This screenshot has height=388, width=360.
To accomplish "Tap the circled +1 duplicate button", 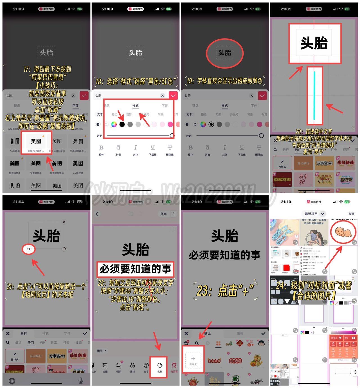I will pos(28,249).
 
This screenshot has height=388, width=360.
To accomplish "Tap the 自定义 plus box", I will pos(193,360).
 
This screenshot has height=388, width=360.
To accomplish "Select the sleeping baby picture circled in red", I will pos(343,232).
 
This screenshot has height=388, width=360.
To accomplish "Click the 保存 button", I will pos(164,214).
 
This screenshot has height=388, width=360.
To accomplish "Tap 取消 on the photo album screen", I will pos(351,214).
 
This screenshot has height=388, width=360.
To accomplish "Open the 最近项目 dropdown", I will pos(314,214).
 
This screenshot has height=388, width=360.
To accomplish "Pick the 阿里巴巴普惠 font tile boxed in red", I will pos(36,143).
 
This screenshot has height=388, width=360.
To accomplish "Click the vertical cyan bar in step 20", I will pos(314,95).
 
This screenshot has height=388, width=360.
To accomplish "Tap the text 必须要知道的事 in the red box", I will pos(135,269).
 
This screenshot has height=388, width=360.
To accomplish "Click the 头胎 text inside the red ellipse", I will pos(225,53).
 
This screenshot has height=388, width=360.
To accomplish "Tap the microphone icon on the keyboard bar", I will pos(81,380).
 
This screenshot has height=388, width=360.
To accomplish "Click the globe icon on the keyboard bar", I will pos(12,381).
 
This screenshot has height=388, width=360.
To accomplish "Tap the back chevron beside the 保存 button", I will pos(97,214).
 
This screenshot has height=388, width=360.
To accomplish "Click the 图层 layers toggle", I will pos(102,351).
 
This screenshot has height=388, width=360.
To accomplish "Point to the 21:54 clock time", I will pos(18,202).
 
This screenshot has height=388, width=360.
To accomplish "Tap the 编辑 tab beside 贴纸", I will pos(240,333).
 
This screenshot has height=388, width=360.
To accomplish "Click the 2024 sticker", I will pos(235,361).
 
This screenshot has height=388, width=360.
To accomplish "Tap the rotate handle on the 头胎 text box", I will pos(64,249).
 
